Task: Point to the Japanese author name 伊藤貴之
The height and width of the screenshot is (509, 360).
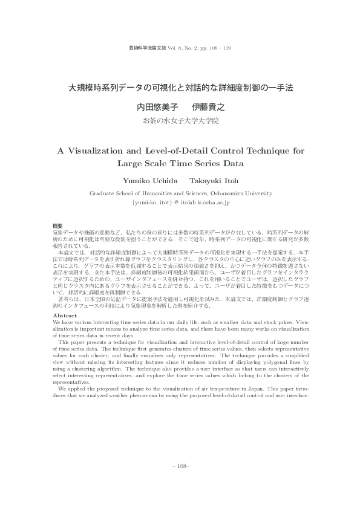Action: pos(204,107)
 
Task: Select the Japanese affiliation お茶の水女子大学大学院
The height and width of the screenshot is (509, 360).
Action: pos(180,121)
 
